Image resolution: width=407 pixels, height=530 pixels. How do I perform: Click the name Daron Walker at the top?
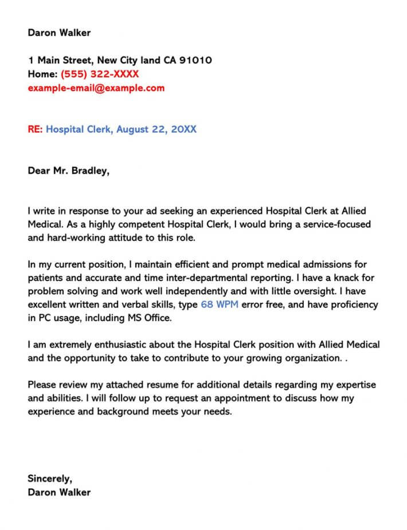[x=59, y=33]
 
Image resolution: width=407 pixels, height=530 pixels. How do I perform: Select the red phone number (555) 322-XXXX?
[x=100, y=74]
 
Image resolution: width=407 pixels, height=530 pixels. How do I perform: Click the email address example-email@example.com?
[x=96, y=88]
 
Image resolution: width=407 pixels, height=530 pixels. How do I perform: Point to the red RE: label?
[x=35, y=129]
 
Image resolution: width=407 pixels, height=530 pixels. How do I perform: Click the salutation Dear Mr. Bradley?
[x=68, y=171]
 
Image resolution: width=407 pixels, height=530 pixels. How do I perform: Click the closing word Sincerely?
[x=50, y=478]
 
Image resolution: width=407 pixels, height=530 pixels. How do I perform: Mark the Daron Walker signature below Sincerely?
[x=59, y=492]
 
